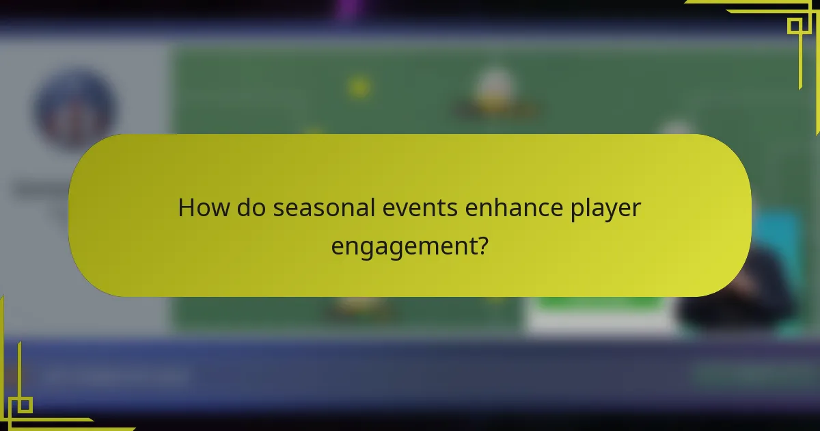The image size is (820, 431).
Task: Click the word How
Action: pyautogui.click(x=204, y=208)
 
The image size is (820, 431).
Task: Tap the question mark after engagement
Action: pyautogui.click(x=482, y=244)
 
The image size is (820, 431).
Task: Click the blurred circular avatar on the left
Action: pyautogui.click(x=75, y=109)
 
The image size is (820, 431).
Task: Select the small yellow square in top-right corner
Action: pyautogui.click(x=794, y=26)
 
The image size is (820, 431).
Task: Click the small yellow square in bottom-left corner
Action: pyautogui.click(x=25, y=405)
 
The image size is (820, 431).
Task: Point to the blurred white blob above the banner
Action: pyautogui.click(x=493, y=88)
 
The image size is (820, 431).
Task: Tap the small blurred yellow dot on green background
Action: pyautogui.click(x=358, y=87)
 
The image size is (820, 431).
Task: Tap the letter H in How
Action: pyautogui.click(x=185, y=208)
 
